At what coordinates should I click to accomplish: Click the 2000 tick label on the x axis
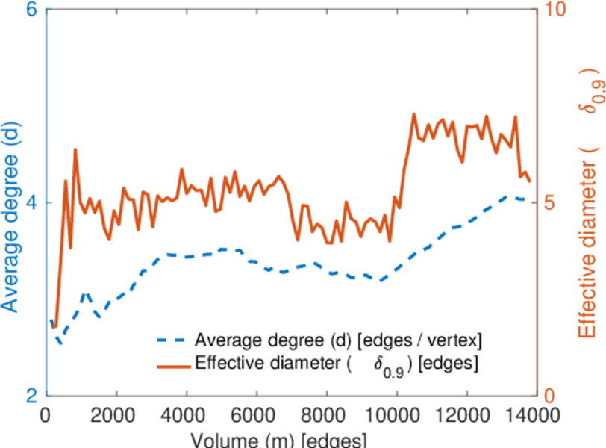pyautogui.click(x=116, y=415)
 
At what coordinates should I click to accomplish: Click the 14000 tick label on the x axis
pyautogui.click(x=532, y=415)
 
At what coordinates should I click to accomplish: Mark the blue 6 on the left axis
pyautogui.click(x=31, y=11)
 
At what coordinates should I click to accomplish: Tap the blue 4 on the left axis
pyautogui.click(x=31, y=203)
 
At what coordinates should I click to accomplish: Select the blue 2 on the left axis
pyautogui.click(x=31, y=396)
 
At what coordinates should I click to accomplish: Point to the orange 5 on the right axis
pyautogui.click(x=550, y=203)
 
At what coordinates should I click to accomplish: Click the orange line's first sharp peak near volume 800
pyautogui.click(x=75, y=150)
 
